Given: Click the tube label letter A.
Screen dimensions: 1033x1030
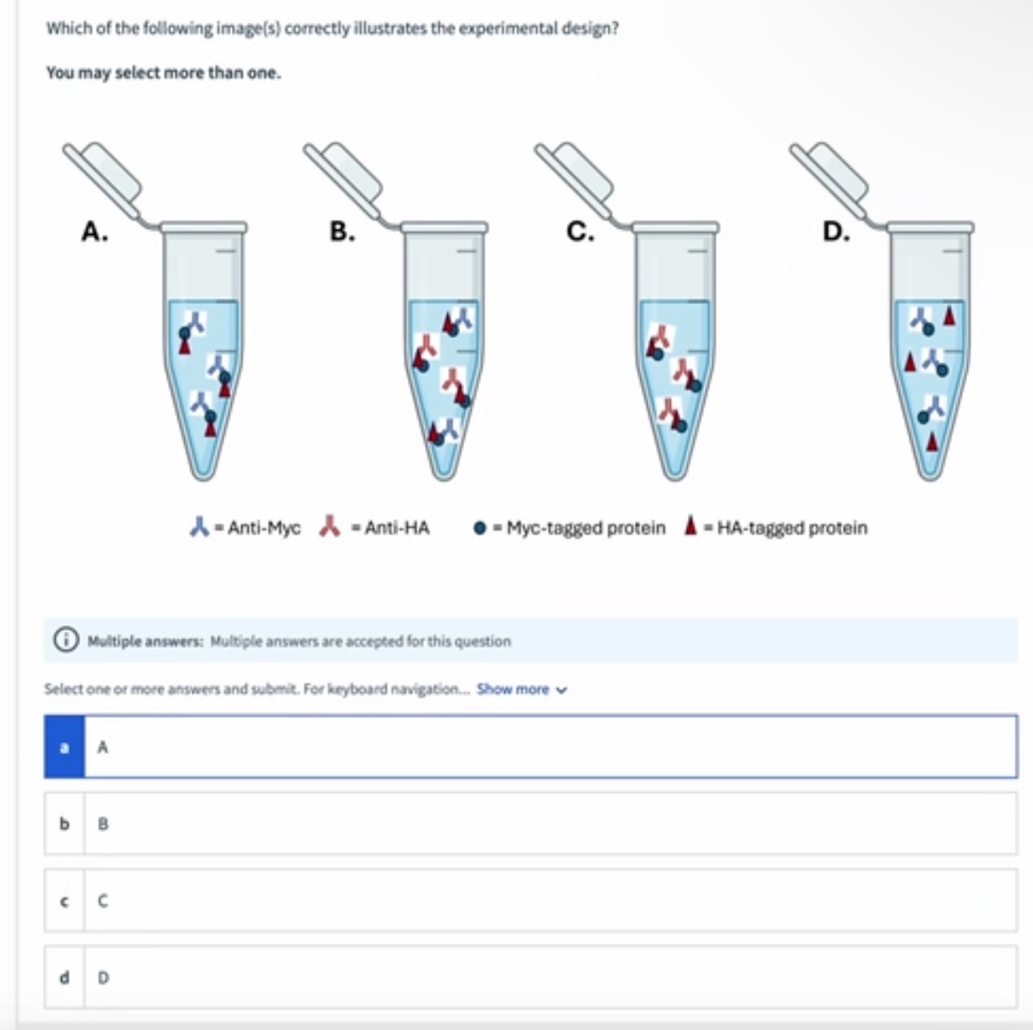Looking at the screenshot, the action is [x=95, y=232].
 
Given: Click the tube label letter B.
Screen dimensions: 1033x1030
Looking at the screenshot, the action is [x=342, y=232].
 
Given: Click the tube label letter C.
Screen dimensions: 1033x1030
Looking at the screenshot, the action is [x=580, y=232].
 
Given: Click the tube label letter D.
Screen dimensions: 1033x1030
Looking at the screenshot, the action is [x=836, y=232].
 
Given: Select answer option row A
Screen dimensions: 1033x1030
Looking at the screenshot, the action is [x=531, y=747].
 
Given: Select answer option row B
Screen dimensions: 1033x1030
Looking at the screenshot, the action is [x=531, y=823].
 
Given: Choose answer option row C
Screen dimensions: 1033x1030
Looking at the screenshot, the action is [x=531, y=900].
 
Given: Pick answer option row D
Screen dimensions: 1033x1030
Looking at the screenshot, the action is [x=531, y=978].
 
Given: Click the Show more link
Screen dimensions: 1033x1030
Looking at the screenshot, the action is [x=521, y=689].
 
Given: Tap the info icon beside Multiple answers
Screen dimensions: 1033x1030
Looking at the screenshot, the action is [x=66, y=641].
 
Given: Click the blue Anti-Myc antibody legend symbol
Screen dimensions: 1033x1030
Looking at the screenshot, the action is [x=199, y=526].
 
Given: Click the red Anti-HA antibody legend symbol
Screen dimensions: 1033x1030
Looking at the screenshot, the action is [x=330, y=526].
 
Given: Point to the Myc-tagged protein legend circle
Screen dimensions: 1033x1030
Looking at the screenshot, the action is [x=479, y=528].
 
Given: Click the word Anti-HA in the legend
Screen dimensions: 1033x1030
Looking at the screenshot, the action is [x=397, y=528].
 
